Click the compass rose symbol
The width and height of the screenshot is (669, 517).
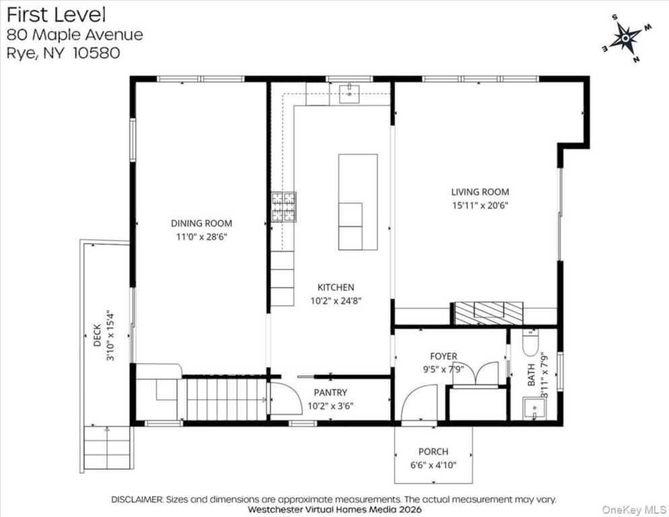point(626,38)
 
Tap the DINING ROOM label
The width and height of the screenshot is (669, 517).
point(201,223)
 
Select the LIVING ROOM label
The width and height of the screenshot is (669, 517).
point(480,192)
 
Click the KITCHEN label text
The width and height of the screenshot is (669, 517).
point(336,287)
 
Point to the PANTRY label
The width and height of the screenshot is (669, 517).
point(330,392)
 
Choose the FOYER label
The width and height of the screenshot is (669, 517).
point(444,356)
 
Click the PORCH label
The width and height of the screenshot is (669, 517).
point(433,452)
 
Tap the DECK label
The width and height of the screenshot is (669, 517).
point(98,335)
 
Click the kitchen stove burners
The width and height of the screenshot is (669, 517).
point(284,207)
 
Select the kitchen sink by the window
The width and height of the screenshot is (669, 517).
point(349,94)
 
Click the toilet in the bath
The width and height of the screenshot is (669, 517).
point(530,343)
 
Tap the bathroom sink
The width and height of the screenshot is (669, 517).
point(534,409)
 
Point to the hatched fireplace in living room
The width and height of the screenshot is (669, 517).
point(489,313)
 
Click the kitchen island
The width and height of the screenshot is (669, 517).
point(358,202)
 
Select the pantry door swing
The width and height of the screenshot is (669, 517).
point(286,399)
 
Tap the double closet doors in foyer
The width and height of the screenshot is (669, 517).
point(481,374)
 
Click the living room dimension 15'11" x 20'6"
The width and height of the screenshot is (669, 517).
point(480,205)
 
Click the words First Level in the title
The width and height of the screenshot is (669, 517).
point(56,15)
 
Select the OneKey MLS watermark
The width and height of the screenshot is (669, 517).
point(633,510)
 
